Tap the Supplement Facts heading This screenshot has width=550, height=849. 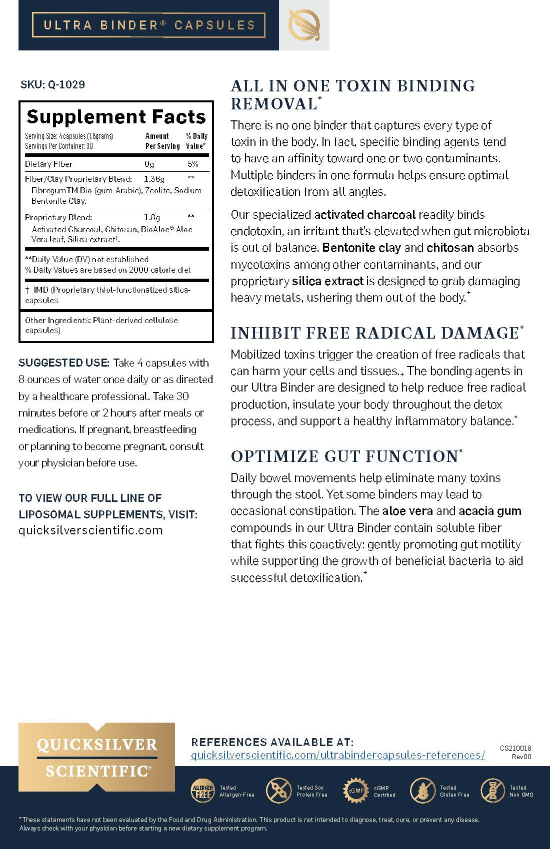116,117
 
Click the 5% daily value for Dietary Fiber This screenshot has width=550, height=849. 192,164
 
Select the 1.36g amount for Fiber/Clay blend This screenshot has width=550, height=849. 154,179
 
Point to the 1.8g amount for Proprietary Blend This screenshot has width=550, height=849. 152,217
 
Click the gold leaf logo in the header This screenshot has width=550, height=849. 304,25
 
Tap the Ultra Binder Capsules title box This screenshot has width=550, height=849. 148,25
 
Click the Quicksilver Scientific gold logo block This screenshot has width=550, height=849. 96,757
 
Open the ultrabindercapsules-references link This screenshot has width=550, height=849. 338,755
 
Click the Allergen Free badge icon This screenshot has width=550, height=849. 202,791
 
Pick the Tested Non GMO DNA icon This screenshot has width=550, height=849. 492,791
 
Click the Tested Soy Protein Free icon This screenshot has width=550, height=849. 277,791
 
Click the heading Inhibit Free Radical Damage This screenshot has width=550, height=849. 375,333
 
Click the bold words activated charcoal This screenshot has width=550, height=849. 364,215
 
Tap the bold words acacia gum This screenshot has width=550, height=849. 490,511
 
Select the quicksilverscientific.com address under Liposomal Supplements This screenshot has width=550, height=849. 90,530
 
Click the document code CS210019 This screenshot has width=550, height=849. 515,748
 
